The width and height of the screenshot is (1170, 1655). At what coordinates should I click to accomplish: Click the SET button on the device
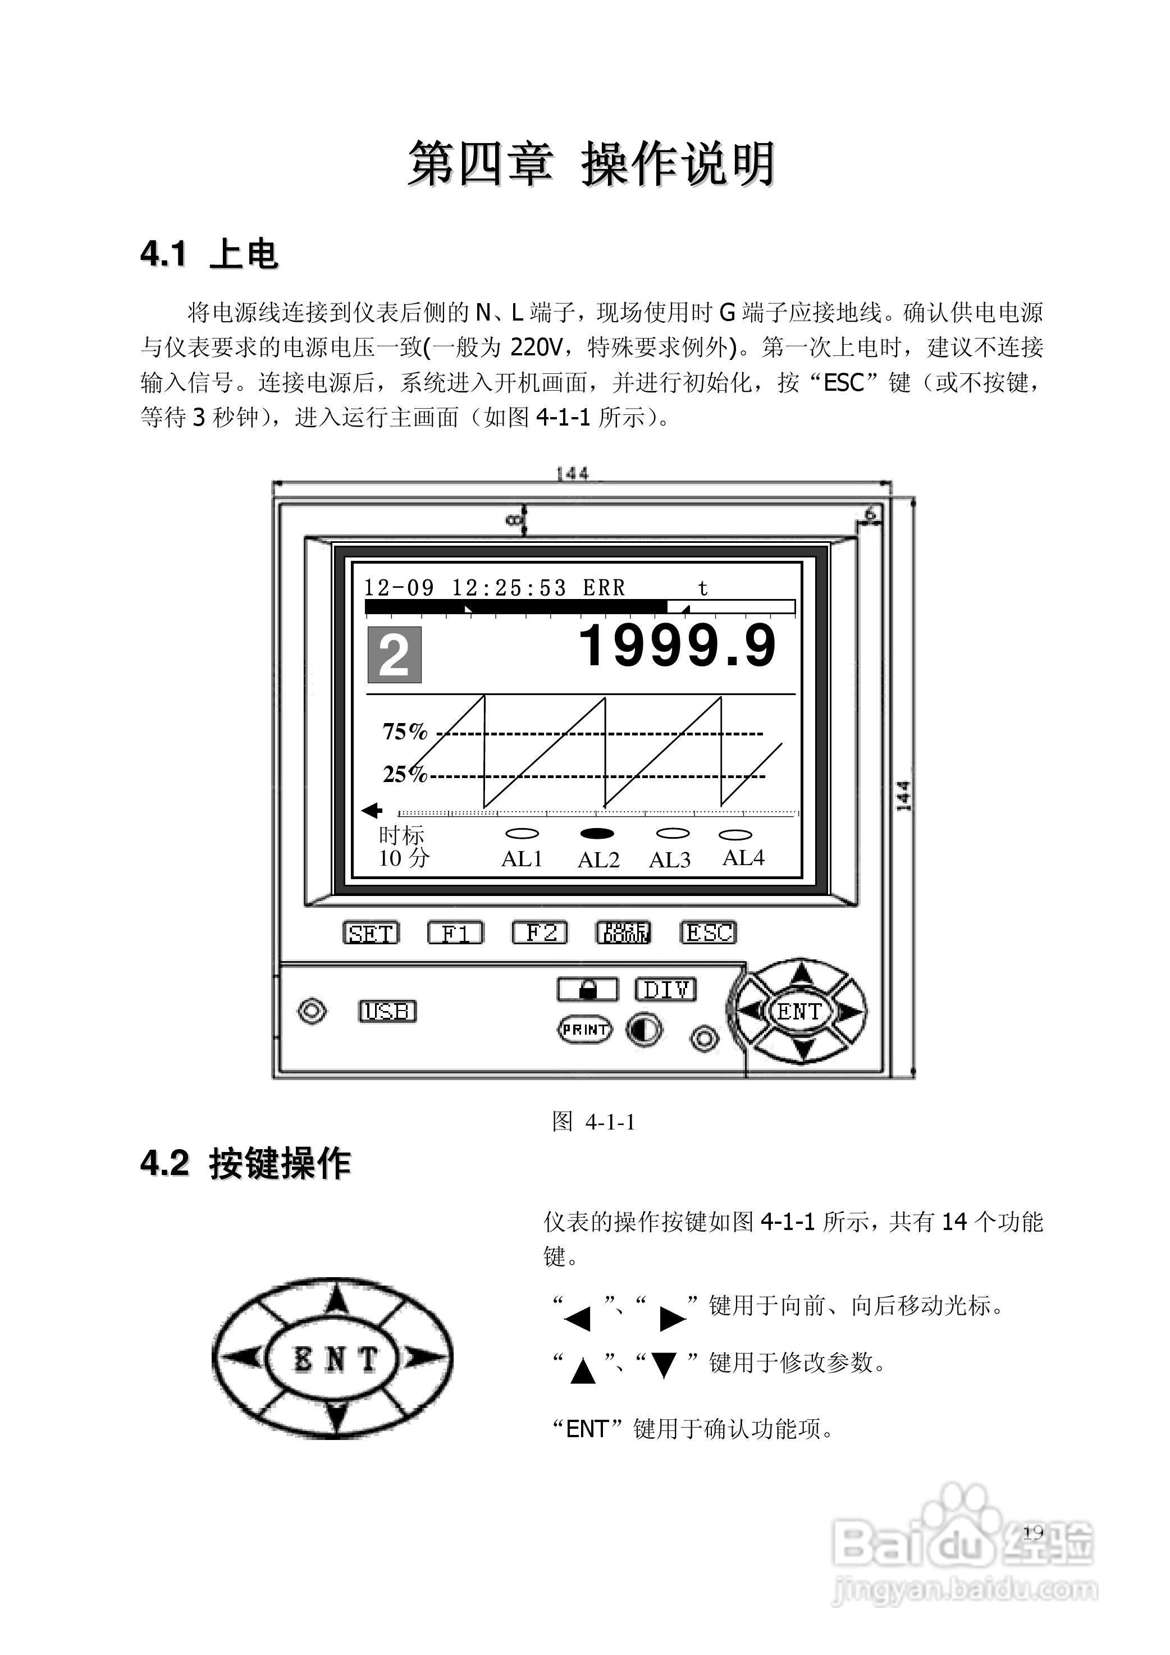[371, 932]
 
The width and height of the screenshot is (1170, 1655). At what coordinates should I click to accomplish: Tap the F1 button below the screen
[456, 932]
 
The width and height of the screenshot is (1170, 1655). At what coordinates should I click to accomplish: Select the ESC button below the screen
[708, 932]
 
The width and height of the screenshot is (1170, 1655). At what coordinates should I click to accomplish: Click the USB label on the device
[388, 1011]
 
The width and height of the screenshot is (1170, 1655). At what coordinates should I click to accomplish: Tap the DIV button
[665, 989]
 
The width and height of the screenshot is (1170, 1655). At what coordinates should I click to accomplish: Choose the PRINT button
[584, 1030]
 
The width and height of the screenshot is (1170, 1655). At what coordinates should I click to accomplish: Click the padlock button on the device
[587, 990]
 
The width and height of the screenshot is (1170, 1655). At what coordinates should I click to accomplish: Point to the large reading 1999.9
[677, 646]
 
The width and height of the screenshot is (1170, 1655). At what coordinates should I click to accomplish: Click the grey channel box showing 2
[394, 655]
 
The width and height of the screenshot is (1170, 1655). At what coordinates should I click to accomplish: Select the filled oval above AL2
[597, 833]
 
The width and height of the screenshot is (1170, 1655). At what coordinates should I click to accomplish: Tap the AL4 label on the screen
[743, 858]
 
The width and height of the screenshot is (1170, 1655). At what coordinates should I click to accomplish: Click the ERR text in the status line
[604, 587]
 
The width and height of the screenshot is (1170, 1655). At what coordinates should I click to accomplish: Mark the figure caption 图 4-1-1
[593, 1122]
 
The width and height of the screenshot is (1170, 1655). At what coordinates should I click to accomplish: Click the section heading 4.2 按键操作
[245, 1163]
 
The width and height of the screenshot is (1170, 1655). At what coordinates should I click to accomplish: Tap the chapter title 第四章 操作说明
[591, 163]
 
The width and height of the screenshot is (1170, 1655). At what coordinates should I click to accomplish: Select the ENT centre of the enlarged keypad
[335, 1358]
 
